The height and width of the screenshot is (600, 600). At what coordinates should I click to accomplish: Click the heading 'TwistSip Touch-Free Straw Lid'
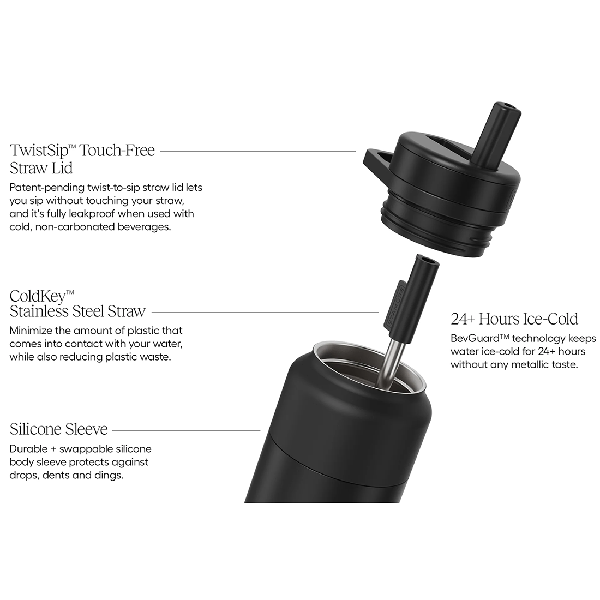click(x=82, y=159)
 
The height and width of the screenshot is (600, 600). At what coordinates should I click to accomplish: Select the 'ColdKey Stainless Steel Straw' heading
click(x=77, y=304)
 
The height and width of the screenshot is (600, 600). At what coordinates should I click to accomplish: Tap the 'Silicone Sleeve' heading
click(x=58, y=429)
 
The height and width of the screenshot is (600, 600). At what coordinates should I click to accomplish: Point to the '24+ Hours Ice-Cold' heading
click(x=514, y=319)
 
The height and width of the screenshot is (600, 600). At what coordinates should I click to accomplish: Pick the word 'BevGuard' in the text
click(x=470, y=339)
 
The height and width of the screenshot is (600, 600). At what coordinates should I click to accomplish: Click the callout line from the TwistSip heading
click(x=258, y=152)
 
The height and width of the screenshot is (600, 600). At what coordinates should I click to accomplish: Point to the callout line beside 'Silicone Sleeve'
click(x=187, y=430)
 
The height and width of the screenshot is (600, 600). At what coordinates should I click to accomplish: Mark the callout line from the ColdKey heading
click(x=265, y=312)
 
